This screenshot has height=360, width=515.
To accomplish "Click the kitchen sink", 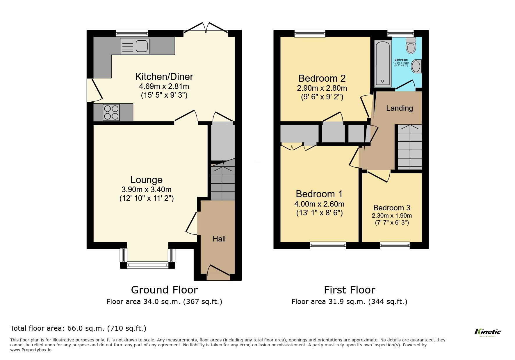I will pos(135,46).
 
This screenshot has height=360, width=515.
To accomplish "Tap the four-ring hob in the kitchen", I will pos(111,112).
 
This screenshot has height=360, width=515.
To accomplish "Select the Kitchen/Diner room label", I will pos(164,77).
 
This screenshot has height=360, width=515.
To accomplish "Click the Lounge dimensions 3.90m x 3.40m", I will pos(146,189).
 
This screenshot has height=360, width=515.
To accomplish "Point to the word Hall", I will pos(219,239).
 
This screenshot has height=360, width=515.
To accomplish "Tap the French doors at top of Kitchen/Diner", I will pos(206,28).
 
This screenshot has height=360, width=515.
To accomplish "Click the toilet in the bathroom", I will pos(411,46).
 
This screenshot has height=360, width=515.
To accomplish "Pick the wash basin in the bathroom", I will pos(416,66).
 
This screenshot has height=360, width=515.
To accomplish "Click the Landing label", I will pos(399,108).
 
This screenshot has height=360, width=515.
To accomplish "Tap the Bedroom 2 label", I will pos(322,78).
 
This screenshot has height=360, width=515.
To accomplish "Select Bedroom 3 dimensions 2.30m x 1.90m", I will pos(392,216).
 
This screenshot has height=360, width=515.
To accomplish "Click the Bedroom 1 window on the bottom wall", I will pos(328,246).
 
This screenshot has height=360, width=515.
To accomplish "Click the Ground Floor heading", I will pos(164,290).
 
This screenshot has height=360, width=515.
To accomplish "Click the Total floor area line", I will pos(78,328).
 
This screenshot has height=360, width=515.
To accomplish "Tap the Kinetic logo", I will pos(487,332).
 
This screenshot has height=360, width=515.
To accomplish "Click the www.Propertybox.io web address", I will pos(31,350).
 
